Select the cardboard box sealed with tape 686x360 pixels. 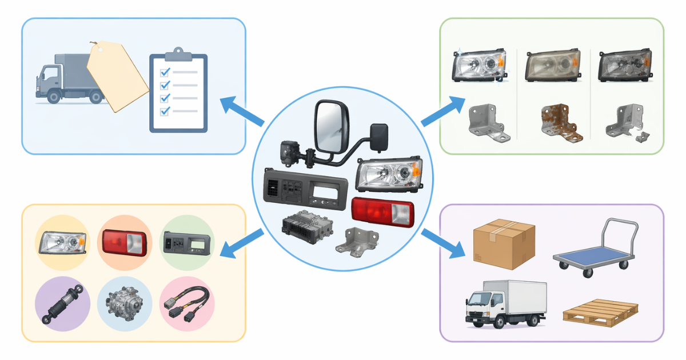504,245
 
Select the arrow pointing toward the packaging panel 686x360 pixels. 443,243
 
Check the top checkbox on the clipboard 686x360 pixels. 165,72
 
